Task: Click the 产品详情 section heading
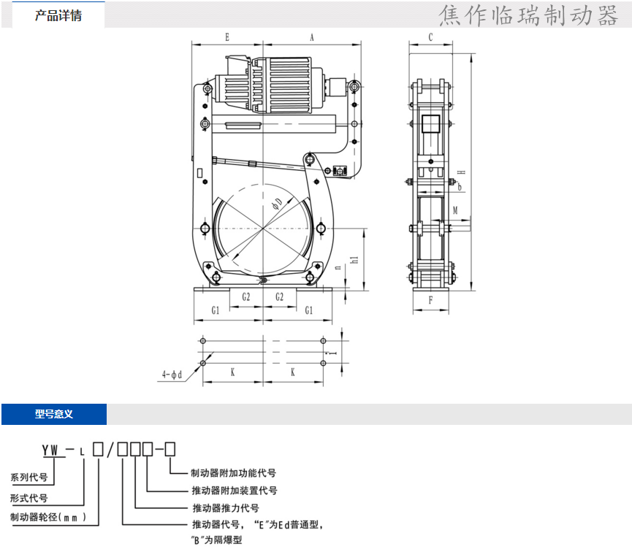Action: point(58,15)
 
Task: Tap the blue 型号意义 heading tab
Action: point(54,414)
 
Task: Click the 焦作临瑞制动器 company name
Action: point(529,15)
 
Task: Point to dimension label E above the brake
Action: point(227,37)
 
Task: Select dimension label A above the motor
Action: point(311,37)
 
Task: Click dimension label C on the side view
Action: point(430,37)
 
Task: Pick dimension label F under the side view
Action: point(430,300)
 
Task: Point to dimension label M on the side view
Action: point(455,210)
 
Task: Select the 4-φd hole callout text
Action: point(172,375)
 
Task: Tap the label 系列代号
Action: point(29,478)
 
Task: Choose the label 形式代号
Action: point(29,498)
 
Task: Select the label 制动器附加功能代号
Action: point(233,473)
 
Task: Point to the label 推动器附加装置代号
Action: point(234,491)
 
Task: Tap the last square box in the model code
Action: point(170,448)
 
